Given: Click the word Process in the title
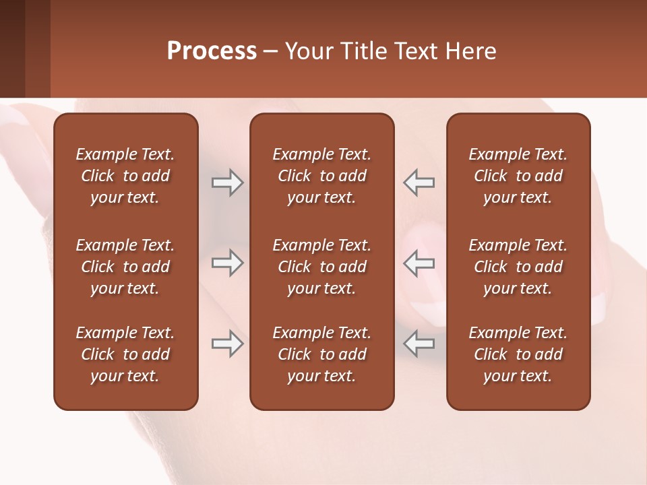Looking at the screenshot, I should (212, 51).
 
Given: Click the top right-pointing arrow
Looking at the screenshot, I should (227, 183).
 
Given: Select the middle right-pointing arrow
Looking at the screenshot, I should (227, 263).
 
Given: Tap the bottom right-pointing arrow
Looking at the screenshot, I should (227, 344).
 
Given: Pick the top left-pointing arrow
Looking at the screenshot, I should (419, 183).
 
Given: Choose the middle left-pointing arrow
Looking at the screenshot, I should (419, 263).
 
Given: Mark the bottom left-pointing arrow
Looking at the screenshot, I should (419, 344).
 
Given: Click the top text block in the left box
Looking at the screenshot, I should (125, 176).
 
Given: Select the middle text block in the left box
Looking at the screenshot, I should (125, 267).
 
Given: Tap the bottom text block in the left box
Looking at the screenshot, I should (125, 354).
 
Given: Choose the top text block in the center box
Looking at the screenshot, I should (322, 176).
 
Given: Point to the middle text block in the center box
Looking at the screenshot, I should (322, 267).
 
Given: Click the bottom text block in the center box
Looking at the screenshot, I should (322, 354).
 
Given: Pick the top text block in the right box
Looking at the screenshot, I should (518, 176).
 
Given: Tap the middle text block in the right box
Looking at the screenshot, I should (518, 267).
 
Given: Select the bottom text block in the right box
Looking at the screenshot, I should (518, 354).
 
